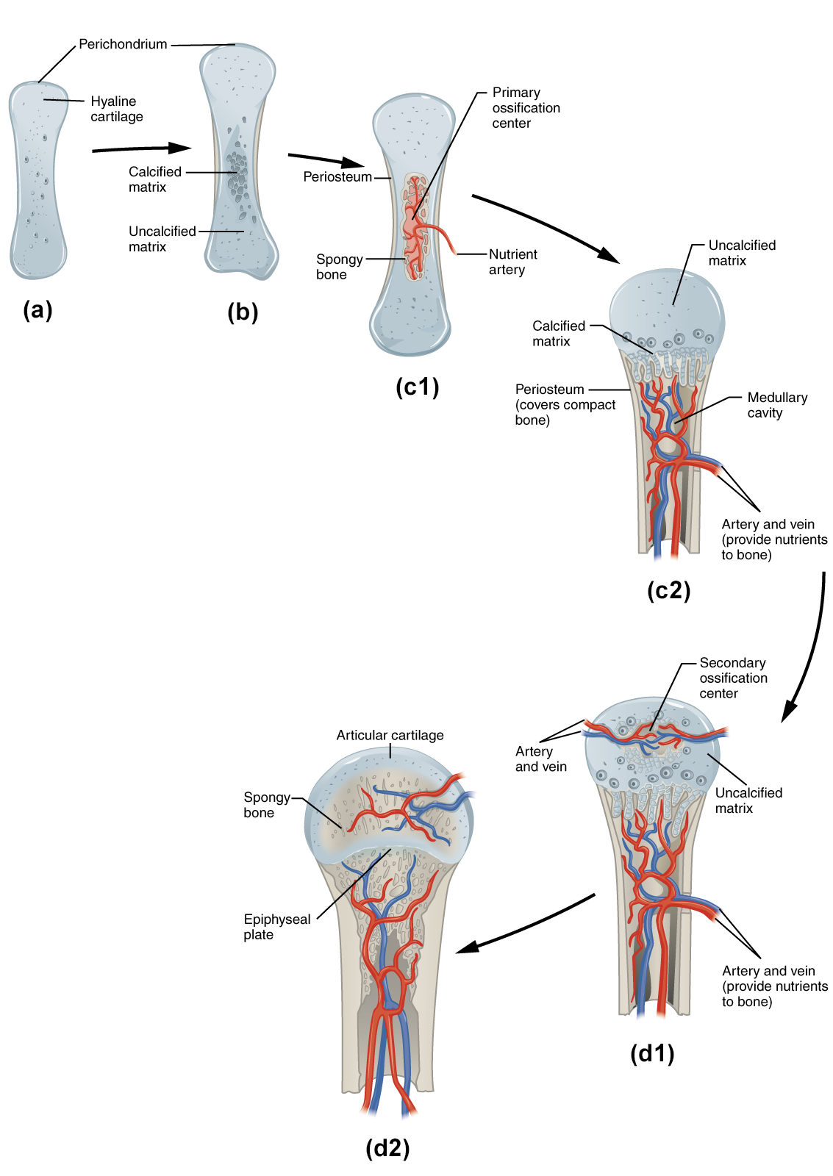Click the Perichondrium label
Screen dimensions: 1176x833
click(123, 44)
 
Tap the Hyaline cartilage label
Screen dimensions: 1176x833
click(116, 109)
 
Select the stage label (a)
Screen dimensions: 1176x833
click(37, 310)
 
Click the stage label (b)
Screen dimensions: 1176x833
click(243, 312)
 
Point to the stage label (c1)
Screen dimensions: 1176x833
click(417, 387)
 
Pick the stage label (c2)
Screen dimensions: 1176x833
click(668, 590)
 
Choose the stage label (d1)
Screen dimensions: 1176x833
click(652, 1053)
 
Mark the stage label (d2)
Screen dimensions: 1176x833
click(387, 1147)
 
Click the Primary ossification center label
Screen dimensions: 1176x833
click(525, 108)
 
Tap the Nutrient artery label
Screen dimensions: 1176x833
click(512, 262)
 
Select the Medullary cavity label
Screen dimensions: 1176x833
click(776, 405)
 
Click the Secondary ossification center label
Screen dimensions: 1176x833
click(732, 678)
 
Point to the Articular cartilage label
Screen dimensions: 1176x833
click(390, 735)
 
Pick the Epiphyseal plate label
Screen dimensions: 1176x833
click(276, 927)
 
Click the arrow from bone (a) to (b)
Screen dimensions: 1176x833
click(141, 149)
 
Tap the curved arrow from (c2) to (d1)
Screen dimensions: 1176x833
click(810, 647)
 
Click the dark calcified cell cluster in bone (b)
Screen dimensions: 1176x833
click(237, 175)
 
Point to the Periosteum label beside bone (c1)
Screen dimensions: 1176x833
click(337, 177)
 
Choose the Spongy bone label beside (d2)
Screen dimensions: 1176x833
click(266, 805)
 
